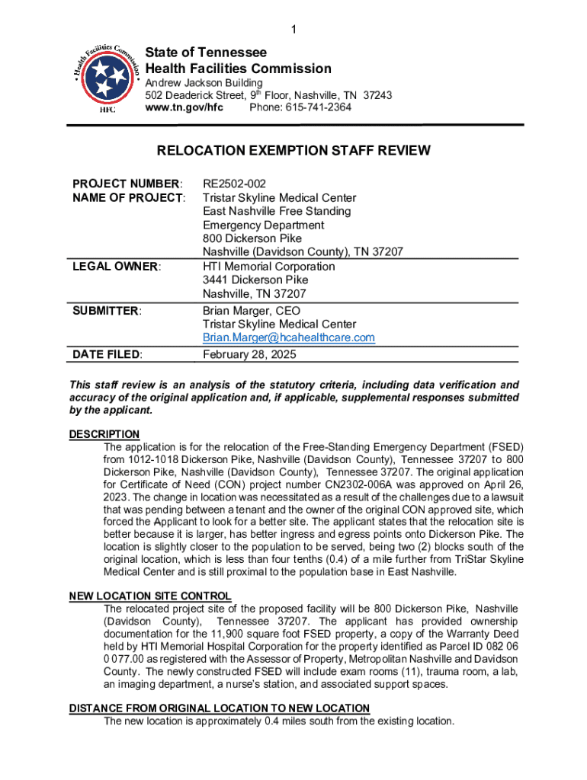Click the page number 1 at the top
[x=293, y=30]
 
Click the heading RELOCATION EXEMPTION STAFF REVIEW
[x=293, y=151]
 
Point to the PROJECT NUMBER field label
[x=127, y=184]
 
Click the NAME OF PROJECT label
[x=129, y=198]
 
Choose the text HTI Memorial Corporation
[x=268, y=267]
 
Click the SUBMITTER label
[x=107, y=311]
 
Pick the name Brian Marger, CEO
[x=252, y=311]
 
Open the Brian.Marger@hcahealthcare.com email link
[x=289, y=337]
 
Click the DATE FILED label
[x=109, y=355]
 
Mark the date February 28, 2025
[x=249, y=355]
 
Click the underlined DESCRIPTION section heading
[x=104, y=434]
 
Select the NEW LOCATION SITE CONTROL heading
[x=150, y=596]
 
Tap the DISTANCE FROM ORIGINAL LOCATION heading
[x=220, y=708]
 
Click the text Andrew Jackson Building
[x=204, y=82]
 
